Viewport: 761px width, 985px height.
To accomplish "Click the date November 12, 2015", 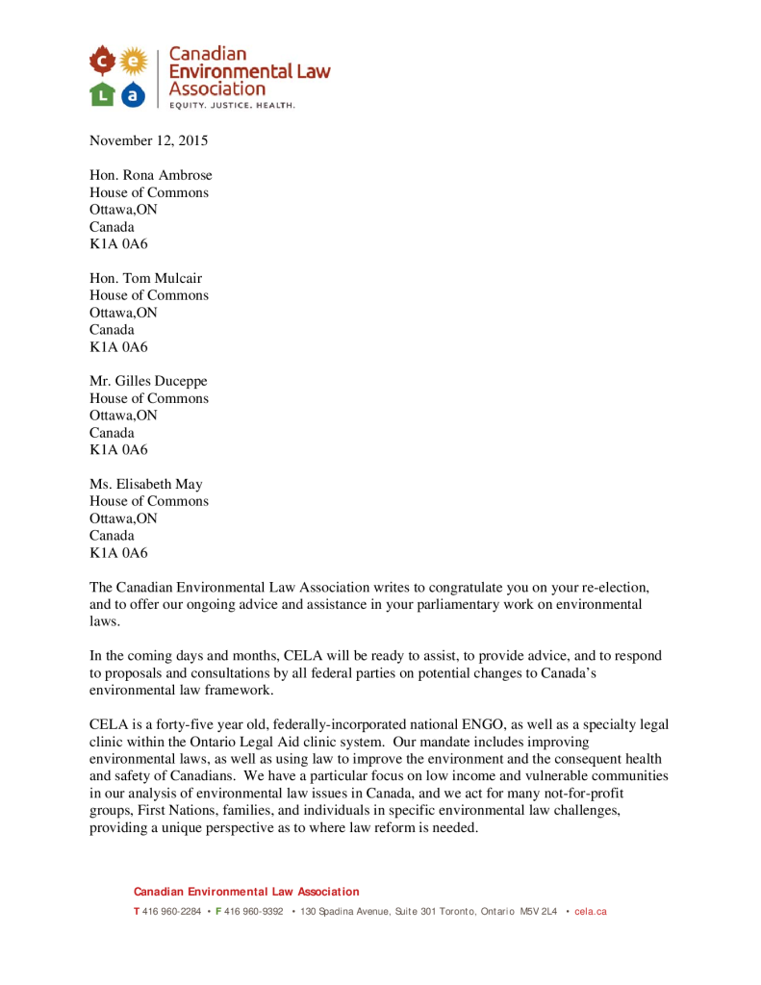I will (148, 140).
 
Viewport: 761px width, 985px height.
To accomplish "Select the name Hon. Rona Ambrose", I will (151, 175).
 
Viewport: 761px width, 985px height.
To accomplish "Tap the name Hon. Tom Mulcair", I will (146, 278).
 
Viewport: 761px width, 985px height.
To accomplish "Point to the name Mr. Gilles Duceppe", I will (148, 381).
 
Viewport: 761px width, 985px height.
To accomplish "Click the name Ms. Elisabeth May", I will (146, 484).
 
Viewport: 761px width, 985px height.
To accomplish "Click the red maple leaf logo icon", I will (103, 63).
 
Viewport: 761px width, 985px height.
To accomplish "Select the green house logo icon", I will (103, 93).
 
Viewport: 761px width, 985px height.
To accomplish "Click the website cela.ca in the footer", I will (591, 911).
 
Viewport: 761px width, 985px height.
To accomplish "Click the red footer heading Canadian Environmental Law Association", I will (246, 892).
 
